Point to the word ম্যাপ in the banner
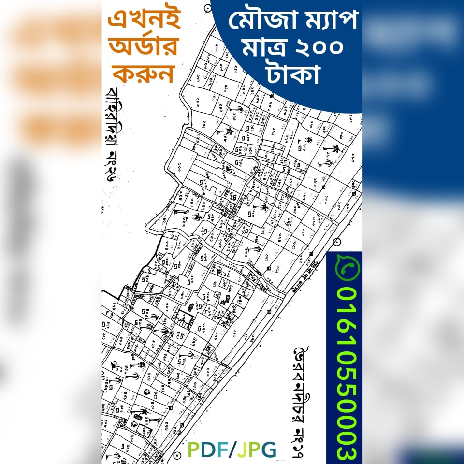(x=321, y=22)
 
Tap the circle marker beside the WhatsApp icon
(x=337, y=241)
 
